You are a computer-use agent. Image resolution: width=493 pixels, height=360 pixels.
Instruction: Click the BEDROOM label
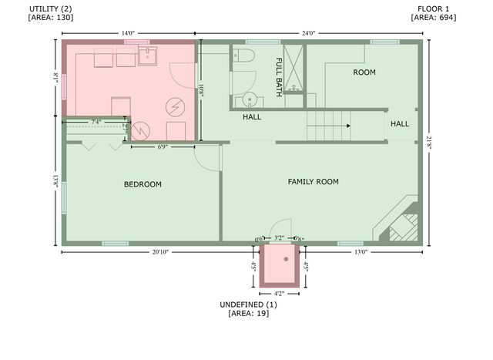point(143,184)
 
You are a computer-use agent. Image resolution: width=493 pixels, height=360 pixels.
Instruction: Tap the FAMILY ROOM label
point(313,182)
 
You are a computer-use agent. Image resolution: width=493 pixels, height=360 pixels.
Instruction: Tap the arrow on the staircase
point(347,125)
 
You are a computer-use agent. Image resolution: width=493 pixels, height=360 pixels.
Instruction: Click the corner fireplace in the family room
point(397,224)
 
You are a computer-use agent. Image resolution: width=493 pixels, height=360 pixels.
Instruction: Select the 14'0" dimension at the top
point(128,33)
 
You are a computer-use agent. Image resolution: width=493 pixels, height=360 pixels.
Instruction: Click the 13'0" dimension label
point(359,252)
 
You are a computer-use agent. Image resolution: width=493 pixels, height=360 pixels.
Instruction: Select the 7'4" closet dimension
point(96,122)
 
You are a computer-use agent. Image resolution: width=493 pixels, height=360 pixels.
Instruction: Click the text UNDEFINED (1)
point(248,304)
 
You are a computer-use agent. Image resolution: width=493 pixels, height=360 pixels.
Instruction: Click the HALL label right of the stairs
point(400,124)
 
